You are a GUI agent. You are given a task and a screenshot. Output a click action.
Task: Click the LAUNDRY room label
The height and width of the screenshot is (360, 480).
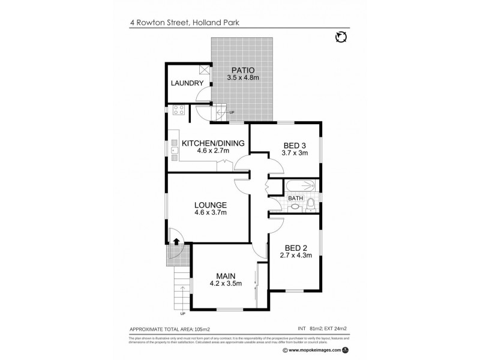point(187,83)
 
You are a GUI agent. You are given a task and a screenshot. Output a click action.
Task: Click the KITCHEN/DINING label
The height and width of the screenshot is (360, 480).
point(213,143)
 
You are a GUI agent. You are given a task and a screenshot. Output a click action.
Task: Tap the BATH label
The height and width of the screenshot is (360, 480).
point(295,198)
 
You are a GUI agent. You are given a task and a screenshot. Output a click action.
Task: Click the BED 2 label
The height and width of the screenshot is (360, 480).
point(295,247)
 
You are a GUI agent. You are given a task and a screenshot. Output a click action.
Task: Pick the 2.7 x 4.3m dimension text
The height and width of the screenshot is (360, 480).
point(295,255)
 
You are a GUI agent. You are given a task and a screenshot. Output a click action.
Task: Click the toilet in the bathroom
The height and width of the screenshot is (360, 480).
point(310,206)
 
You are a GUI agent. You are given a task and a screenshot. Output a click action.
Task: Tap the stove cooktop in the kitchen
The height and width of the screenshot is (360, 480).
point(178,110)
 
